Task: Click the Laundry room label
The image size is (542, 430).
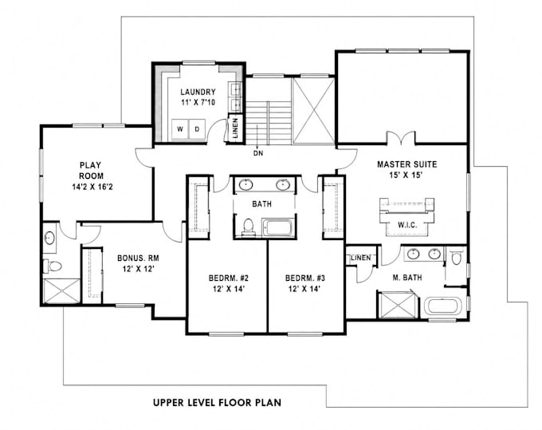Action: pyautogui.click(x=198, y=92)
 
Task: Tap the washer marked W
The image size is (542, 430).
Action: pyautogui.click(x=180, y=129)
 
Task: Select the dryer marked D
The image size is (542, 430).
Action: pyautogui.click(x=197, y=129)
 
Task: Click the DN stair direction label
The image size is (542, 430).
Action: pyautogui.click(x=258, y=153)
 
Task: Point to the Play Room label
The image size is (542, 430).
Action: pyautogui.click(x=91, y=170)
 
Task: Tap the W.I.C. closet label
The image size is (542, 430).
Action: pyautogui.click(x=407, y=225)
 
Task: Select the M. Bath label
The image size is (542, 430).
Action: pyautogui.click(x=407, y=278)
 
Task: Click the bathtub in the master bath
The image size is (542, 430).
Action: pyautogui.click(x=444, y=306)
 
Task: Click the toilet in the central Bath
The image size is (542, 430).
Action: pyautogui.click(x=248, y=227)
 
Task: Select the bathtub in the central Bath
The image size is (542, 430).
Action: pyautogui.click(x=279, y=227)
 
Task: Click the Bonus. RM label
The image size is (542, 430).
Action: pyautogui.click(x=138, y=258)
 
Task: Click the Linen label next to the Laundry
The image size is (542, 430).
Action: pyautogui.click(x=236, y=128)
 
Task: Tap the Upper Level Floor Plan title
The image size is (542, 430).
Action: pyautogui.click(x=217, y=402)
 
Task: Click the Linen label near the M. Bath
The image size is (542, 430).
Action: pyautogui.click(x=361, y=258)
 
